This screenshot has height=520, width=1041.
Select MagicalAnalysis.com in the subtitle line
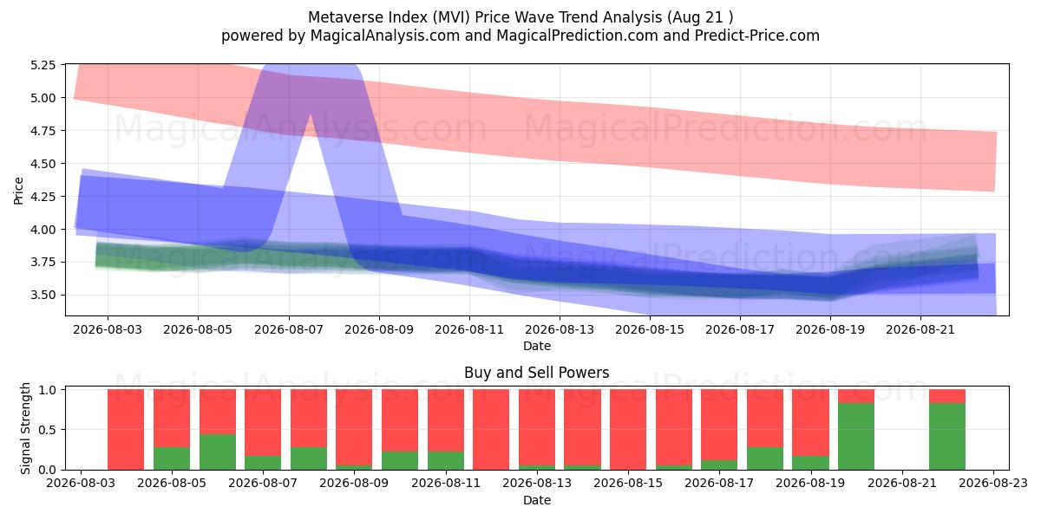point(385,36)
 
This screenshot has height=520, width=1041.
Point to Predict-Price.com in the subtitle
point(757,36)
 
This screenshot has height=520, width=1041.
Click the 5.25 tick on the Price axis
point(43,65)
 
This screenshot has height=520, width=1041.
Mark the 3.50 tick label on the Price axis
point(43,296)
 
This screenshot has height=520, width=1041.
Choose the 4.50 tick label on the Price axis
point(43,164)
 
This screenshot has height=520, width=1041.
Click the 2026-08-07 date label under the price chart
point(289,329)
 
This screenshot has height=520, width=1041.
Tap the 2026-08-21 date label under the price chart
point(920,329)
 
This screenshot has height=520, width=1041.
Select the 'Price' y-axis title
point(18,191)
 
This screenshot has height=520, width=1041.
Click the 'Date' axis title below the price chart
point(537,346)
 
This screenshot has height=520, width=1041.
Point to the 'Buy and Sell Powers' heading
point(537,373)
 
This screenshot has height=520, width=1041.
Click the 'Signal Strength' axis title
point(25,428)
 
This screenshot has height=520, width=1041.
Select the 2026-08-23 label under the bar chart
point(993,484)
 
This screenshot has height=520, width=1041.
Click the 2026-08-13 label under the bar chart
point(537,484)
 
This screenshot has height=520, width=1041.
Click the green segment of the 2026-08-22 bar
point(947,437)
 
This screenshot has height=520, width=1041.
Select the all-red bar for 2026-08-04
point(126,430)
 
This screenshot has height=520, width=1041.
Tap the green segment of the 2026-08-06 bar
point(218,452)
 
